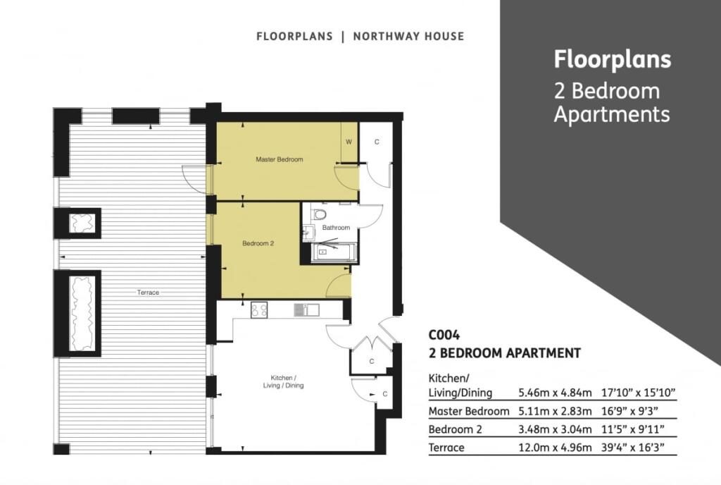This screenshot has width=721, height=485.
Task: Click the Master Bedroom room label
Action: point(279,160)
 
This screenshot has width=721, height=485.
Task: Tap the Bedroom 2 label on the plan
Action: point(258,243)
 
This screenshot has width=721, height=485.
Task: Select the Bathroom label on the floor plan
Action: point(336,227)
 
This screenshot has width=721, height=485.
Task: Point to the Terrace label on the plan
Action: point(148,292)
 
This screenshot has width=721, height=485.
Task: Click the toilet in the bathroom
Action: point(319,214)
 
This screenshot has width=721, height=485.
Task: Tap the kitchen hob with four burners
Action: point(259,309)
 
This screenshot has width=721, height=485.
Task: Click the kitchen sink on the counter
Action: point(307,309)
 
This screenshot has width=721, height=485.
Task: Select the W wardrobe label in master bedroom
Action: point(349,142)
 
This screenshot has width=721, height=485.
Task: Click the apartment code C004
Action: point(444,335)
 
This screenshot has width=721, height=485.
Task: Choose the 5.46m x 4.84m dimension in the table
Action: point(555,393)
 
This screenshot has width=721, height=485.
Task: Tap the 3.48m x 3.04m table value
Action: point(555,429)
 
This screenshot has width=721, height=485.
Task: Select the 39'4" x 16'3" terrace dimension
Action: point(633,447)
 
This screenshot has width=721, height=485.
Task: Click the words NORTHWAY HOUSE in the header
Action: point(409,37)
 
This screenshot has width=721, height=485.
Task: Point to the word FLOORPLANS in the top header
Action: point(295,37)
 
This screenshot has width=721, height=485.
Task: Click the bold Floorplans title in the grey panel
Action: point(613,59)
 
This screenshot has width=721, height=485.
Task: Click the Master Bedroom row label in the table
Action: point(469,411)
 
